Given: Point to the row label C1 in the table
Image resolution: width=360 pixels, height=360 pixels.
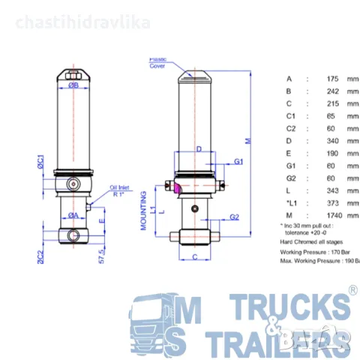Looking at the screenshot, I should pos(291,115).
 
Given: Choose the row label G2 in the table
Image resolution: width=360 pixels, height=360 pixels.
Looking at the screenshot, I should pos(291,178).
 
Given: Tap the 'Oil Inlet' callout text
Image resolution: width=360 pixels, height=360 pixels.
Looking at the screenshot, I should pos(121,187).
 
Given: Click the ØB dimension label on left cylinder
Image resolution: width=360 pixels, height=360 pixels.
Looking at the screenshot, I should pos(73,85).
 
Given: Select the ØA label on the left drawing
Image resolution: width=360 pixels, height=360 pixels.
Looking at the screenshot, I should pos(74,215).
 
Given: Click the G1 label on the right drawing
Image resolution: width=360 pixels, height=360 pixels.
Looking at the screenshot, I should pos(238,162).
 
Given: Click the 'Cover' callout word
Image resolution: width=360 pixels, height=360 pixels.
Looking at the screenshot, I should pos(157,65).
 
